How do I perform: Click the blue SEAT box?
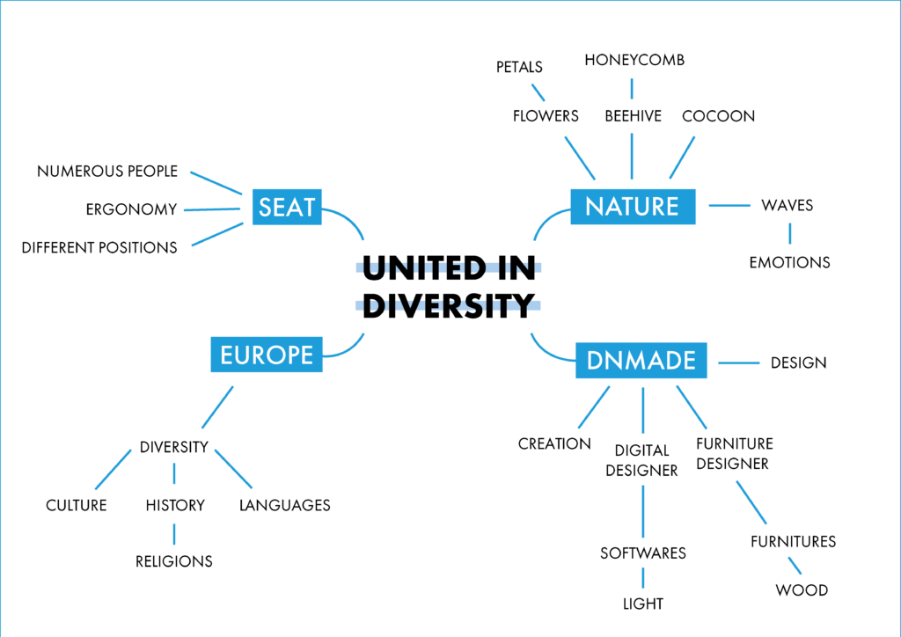click(287, 207)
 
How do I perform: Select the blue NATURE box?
click(633, 206)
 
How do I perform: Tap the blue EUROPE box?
click(267, 355)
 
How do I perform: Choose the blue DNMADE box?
click(641, 360)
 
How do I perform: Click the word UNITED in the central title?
click(424, 268)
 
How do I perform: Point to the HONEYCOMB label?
click(634, 60)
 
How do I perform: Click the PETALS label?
click(519, 67)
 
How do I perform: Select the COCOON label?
click(718, 116)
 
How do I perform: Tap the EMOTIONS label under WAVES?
click(789, 262)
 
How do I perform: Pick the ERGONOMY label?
click(132, 209)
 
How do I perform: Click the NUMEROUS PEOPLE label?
click(107, 172)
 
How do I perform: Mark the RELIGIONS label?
click(174, 561)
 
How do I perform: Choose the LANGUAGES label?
click(285, 505)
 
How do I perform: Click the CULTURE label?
click(77, 505)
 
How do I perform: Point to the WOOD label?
click(802, 590)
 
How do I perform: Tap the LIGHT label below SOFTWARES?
click(643, 604)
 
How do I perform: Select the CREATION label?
click(554, 444)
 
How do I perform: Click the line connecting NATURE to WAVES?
click(729, 205)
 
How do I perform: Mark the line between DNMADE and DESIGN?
click(739, 363)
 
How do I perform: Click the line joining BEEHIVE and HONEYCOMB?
click(632, 89)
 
